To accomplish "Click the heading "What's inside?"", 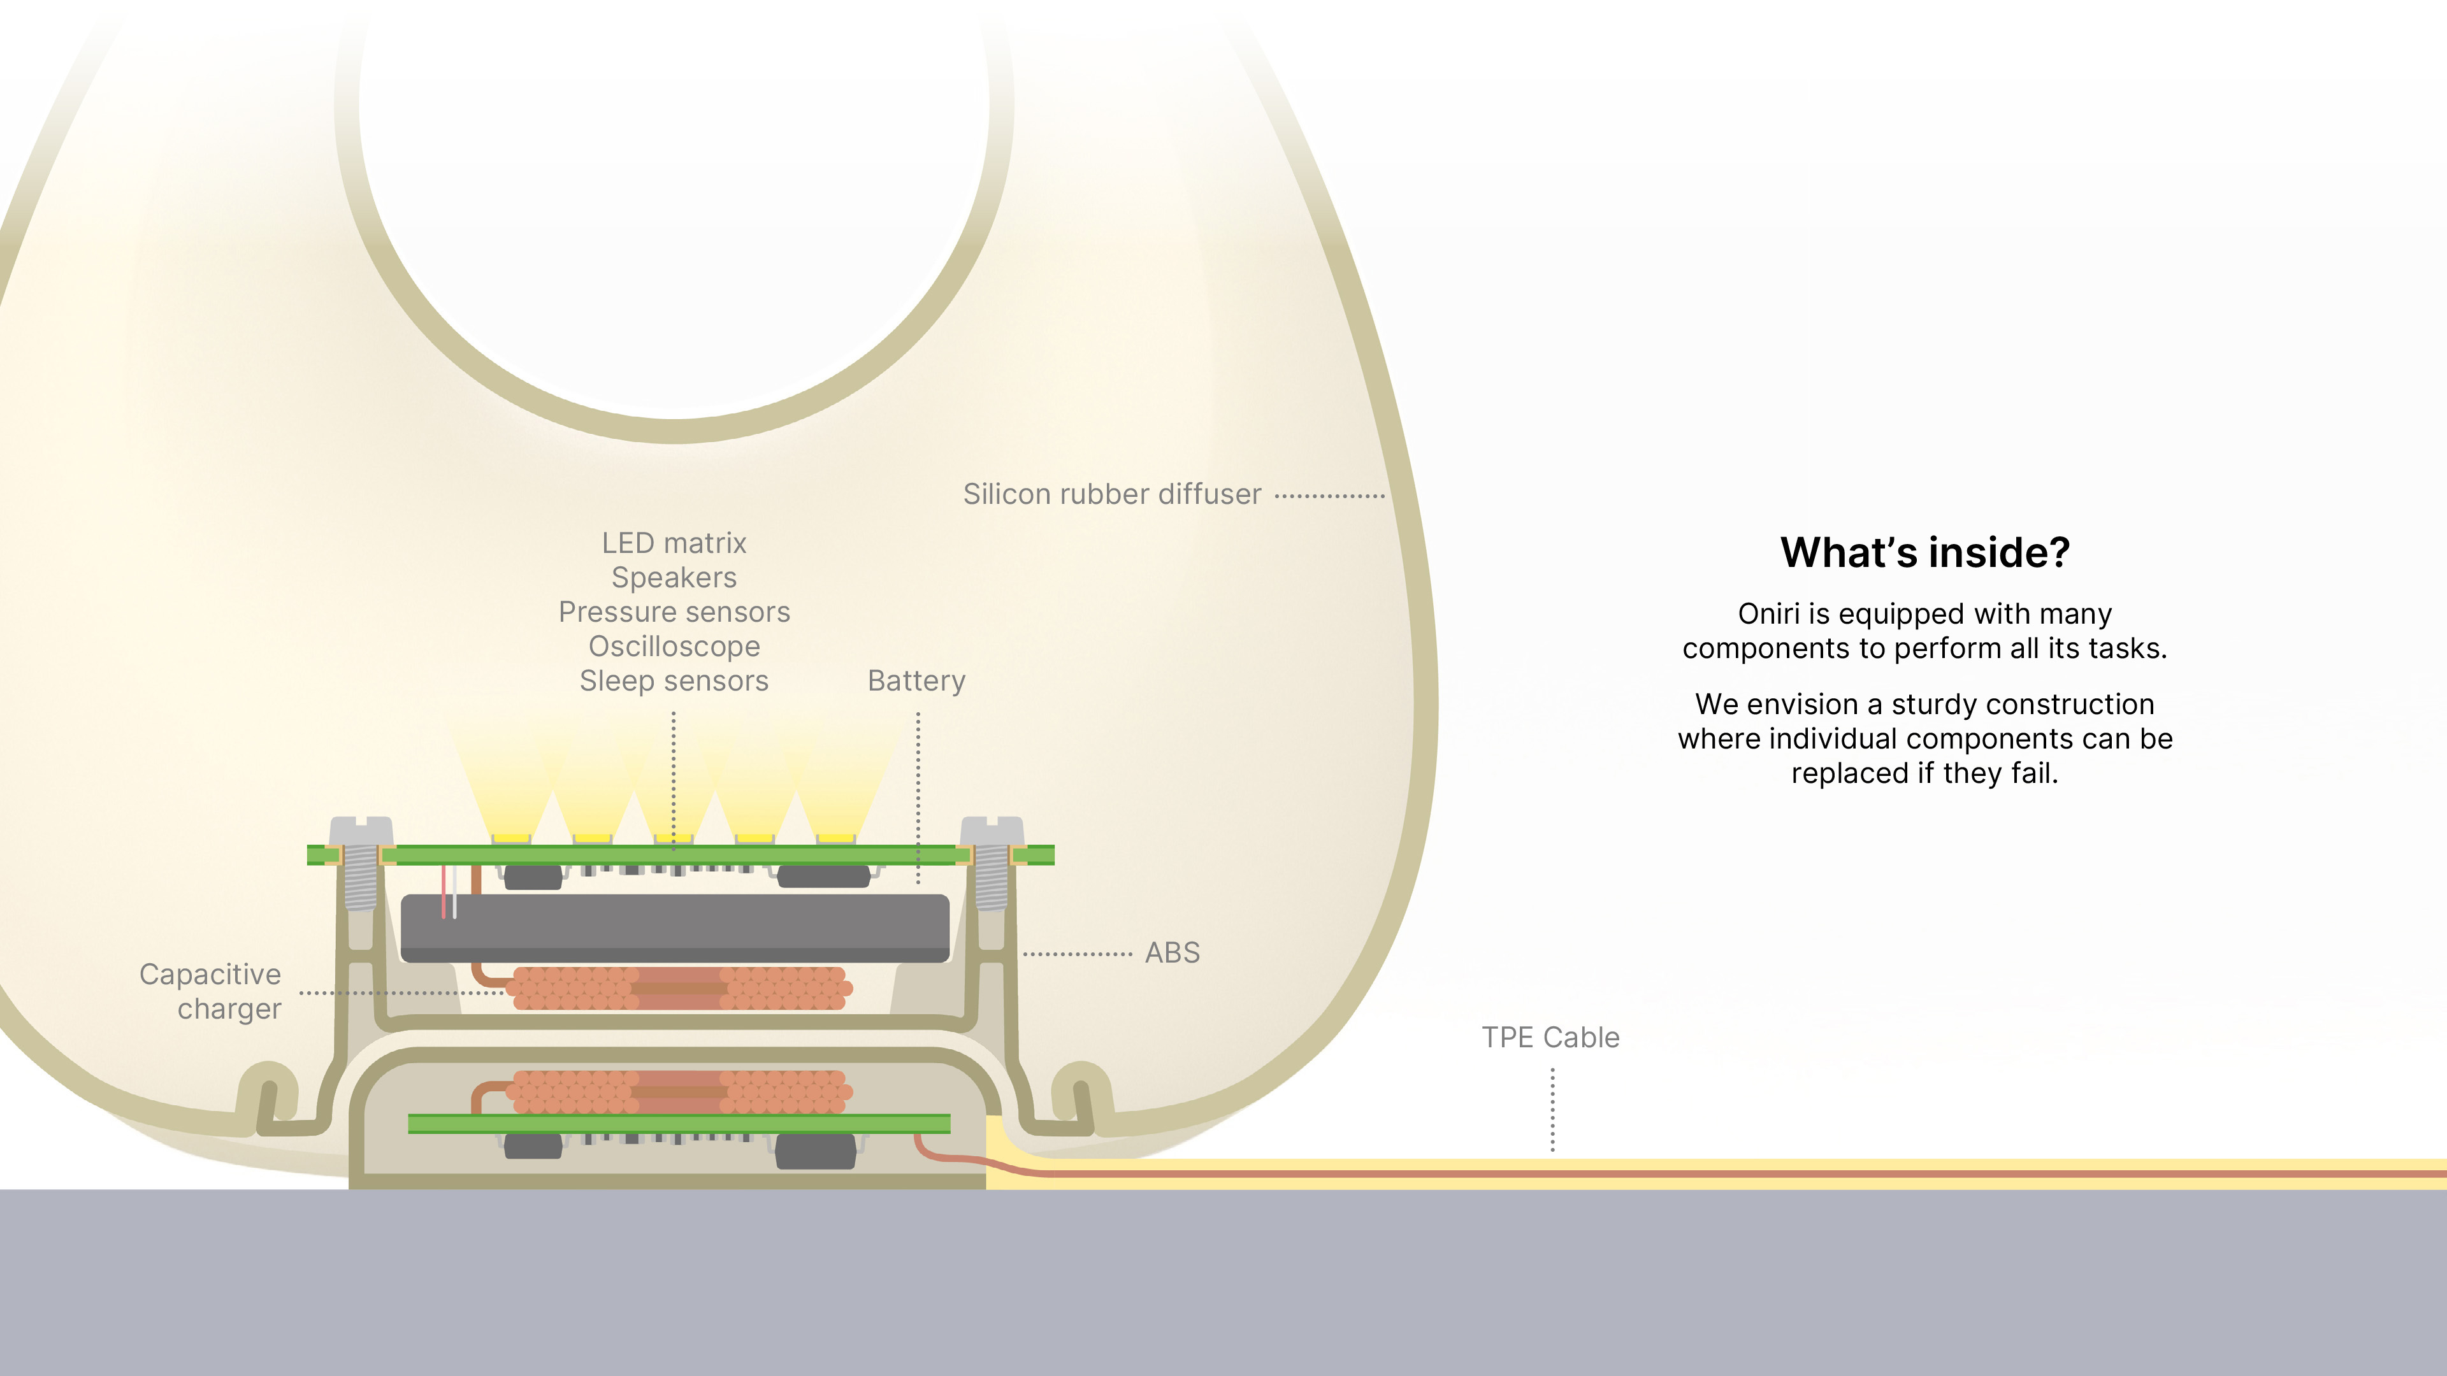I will coord(1924,553).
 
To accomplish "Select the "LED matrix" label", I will coord(674,543).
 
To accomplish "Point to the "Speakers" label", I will coord(674,577).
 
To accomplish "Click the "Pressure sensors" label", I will coord(674,612).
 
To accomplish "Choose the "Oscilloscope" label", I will coord(674,647).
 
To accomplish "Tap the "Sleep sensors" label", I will coord(674,681).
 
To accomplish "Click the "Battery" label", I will coord(916,681).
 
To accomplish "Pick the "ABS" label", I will coord(1173,952).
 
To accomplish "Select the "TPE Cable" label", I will coord(1550,1037).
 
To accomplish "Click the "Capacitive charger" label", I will coord(211,991).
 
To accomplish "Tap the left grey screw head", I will coord(361,828).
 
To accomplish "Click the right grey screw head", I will coord(992,828).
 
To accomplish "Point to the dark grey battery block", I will coord(674,926).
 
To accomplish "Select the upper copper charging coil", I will coord(678,987).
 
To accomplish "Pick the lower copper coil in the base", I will coord(678,1091).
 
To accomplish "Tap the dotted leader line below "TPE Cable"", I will coord(1552,1109).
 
